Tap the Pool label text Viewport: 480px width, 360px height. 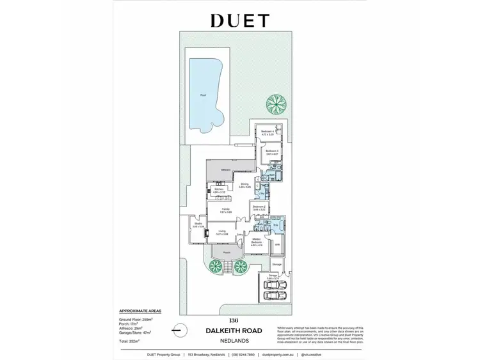203,95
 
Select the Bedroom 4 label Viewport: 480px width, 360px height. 268,132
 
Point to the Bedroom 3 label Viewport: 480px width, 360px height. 272,152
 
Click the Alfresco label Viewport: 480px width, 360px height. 225,169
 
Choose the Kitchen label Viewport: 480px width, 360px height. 218,189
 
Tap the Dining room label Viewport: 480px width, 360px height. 244,185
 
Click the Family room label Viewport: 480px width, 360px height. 225,210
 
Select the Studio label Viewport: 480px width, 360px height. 198,224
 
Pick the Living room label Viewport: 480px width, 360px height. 222,231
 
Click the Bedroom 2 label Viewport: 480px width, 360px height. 259,207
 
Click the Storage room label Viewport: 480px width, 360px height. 276,263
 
